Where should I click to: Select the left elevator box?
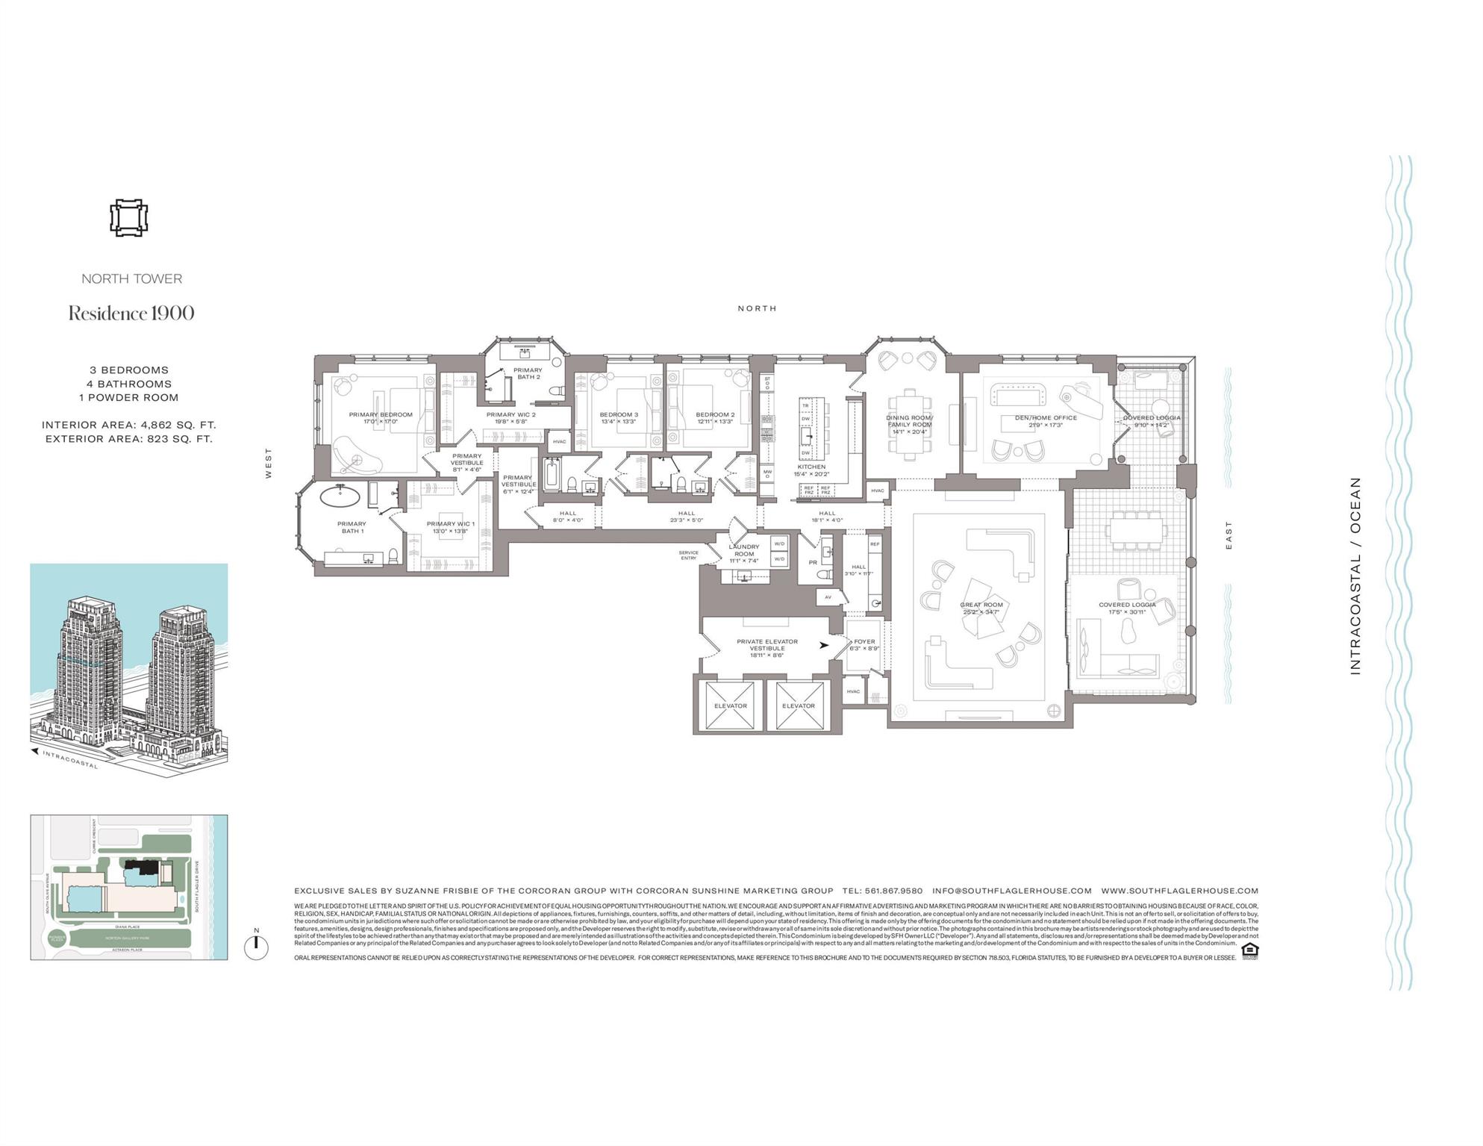click(x=730, y=706)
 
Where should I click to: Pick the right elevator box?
click(x=798, y=706)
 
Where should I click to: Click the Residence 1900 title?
click(x=131, y=314)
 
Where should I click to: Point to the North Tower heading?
click(x=131, y=278)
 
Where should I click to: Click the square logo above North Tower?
click(x=128, y=218)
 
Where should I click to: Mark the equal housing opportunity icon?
click(x=1249, y=950)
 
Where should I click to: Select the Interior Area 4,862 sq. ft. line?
click(x=128, y=425)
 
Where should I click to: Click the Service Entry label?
click(x=687, y=555)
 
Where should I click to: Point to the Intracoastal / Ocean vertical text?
click(x=1355, y=576)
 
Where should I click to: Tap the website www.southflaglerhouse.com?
click(x=1179, y=891)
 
